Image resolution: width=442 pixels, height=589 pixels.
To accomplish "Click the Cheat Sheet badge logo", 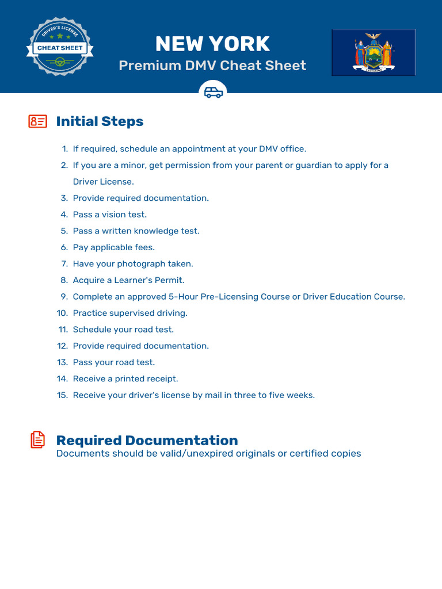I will [60, 48].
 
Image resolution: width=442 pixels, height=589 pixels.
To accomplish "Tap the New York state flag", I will [373, 52].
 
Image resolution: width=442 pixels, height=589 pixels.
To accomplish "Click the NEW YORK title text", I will [212, 44].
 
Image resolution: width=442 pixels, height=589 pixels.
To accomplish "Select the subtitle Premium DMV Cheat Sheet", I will [212, 65].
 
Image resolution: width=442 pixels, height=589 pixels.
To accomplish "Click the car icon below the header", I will [214, 92].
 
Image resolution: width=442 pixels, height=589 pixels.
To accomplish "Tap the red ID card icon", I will [37, 121].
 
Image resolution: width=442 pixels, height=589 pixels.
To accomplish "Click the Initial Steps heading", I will [100, 121].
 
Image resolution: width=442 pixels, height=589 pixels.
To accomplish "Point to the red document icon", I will [37, 440].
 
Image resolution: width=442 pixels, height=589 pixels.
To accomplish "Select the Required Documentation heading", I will [147, 441].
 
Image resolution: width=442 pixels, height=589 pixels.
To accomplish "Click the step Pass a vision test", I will [109, 215].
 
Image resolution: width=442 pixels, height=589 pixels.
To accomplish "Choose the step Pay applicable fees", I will [113, 247].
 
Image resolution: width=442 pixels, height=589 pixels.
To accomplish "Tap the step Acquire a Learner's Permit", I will [128, 280].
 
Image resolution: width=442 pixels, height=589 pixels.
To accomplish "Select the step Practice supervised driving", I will [130, 313].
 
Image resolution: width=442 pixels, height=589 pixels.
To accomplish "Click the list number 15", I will [62, 395].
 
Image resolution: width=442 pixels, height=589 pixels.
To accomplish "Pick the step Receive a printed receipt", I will [125, 378].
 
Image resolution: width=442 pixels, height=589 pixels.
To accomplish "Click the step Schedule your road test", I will [123, 330].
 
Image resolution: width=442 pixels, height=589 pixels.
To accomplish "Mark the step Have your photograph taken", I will [133, 264].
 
